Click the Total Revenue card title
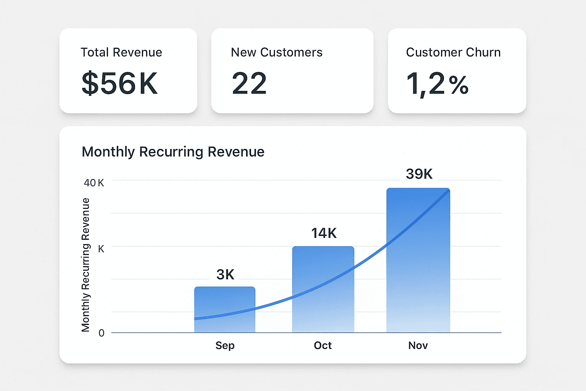[121, 52]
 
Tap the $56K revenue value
[119, 83]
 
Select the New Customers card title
[277, 52]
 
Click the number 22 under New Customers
[249, 83]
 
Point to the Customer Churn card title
[453, 52]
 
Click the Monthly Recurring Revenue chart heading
[173, 152]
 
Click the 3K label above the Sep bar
[225, 275]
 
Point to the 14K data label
[324, 233]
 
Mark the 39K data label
[419, 174]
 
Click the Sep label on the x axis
[225, 346]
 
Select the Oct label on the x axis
[323, 346]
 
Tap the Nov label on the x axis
[418, 346]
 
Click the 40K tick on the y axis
[94, 183]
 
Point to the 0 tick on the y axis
[101, 333]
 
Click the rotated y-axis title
[85, 265]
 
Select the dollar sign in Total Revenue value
[90, 83]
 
